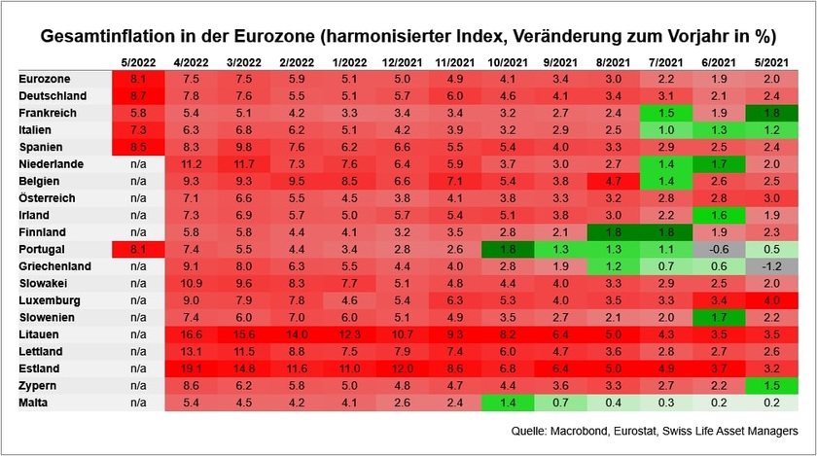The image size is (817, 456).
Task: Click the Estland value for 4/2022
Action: [191, 368]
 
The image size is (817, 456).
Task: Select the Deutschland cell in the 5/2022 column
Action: [138, 95]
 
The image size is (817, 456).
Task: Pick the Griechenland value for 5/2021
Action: [771, 265]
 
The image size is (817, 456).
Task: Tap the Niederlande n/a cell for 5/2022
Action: [138, 163]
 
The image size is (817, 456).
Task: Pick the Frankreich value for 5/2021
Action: [771, 113]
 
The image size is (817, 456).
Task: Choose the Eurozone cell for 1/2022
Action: [349, 79]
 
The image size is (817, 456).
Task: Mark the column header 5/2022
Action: [138, 61]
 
